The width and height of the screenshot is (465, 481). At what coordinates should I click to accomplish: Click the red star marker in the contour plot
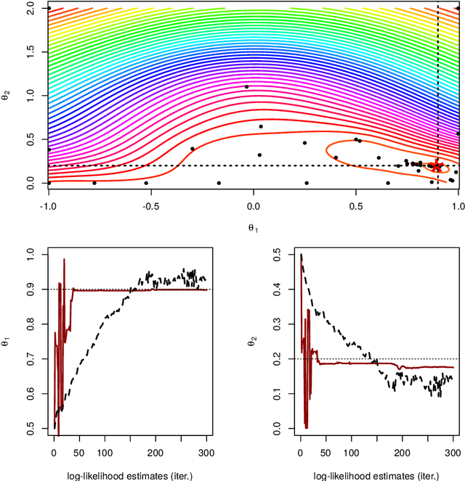[437, 166]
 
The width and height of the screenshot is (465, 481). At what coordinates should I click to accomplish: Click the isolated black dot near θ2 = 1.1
[246, 87]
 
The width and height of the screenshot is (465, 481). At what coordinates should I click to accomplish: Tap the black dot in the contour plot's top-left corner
[49, 7]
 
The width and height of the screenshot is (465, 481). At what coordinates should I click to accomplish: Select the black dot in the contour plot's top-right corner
[458, 9]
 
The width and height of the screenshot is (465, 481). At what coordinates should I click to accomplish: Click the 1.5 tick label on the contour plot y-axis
[31, 51]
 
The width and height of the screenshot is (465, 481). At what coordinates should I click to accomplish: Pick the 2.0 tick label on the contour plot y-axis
[31, 7]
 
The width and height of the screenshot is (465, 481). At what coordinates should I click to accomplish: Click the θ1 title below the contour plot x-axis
[253, 227]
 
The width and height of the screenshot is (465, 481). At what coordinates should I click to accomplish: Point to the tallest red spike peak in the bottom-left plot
[64, 259]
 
